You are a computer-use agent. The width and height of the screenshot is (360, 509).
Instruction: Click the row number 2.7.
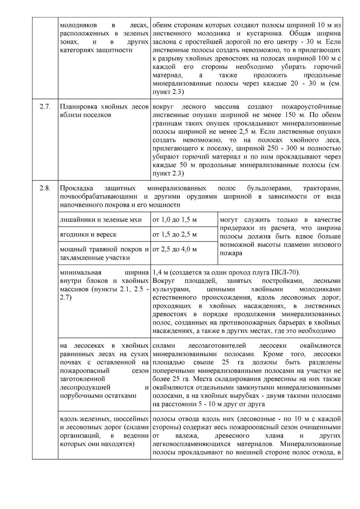click(45, 107)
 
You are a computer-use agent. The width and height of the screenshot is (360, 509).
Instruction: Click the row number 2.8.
click(45, 188)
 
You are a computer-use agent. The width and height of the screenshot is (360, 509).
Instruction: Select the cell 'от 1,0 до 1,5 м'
click(175, 220)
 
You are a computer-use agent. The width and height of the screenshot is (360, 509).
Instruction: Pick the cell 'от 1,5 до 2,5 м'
click(175, 235)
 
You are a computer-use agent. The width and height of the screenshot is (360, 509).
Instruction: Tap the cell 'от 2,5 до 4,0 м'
click(175, 249)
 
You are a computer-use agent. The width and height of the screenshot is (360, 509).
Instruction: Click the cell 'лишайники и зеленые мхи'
click(101, 220)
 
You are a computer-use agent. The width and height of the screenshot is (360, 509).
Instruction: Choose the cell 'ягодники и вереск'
click(88, 235)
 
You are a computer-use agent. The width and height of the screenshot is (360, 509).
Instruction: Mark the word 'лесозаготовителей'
click(217, 346)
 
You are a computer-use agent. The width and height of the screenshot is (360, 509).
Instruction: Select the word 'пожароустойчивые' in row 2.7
click(311, 107)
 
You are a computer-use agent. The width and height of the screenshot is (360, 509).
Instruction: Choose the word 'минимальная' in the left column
click(81, 273)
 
